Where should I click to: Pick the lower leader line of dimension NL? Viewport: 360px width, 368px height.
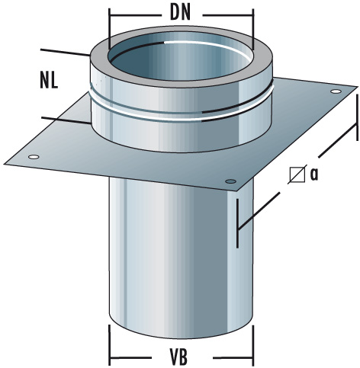[65, 119]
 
